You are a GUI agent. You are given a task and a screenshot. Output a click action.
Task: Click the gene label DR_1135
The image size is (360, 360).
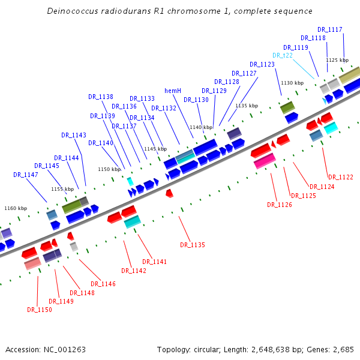193,245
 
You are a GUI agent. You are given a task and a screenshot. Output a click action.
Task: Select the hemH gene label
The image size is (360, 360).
173,91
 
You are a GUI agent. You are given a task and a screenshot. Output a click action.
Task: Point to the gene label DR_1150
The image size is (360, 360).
40,310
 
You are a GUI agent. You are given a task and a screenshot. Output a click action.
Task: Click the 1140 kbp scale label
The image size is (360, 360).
201,127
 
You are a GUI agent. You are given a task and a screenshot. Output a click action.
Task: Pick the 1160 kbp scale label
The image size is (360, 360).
16,208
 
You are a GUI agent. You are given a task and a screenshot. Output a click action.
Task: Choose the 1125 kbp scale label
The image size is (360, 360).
337,60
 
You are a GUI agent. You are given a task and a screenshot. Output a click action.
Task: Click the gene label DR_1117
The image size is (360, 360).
330,29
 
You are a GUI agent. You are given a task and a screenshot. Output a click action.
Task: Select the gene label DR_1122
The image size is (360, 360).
340,177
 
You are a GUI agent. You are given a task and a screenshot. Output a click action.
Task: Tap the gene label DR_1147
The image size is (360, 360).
26,175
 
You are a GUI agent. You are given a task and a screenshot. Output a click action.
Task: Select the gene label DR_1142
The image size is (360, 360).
134,271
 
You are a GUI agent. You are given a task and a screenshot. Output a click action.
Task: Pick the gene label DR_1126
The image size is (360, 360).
280,205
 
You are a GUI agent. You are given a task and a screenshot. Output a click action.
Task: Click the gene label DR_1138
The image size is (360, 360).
101,97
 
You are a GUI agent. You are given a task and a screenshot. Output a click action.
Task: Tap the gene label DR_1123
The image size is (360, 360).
262,64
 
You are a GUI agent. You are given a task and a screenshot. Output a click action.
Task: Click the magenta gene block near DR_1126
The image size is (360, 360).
265,161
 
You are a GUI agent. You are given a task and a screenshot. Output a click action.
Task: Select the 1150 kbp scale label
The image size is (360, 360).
109,170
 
